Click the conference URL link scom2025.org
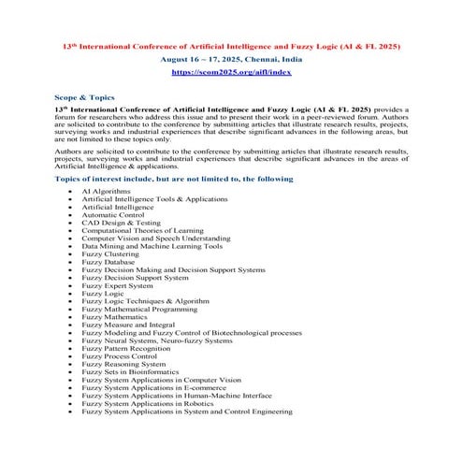pyautogui.click(x=231, y=71)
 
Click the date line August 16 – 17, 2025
pyautogui.click(x=231, y=58)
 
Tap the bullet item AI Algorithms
pyautogui.click(x=106, y=191)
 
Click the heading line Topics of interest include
pyautogui.click(x=173, y=178)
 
